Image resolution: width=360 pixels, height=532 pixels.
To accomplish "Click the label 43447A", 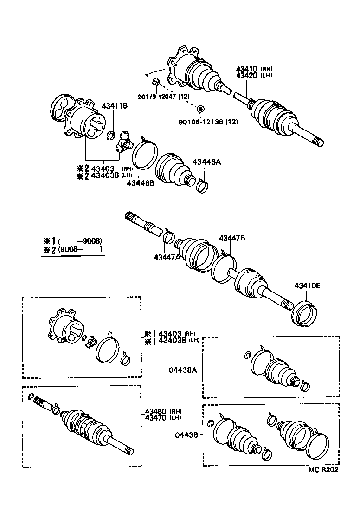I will point(167,257).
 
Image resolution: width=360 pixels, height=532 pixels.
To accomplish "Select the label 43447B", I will point(232,238).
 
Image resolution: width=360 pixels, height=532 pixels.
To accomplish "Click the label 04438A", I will point(182,370).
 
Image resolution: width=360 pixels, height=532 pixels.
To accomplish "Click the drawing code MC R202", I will point(323,469).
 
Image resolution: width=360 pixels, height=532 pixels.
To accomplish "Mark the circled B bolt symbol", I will point(200,109).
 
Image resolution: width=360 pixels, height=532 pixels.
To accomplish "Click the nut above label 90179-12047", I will point(156,84).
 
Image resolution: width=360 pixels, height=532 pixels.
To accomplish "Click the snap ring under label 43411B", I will point(111,135).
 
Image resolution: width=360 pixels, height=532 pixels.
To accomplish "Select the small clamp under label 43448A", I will point(203,186).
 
